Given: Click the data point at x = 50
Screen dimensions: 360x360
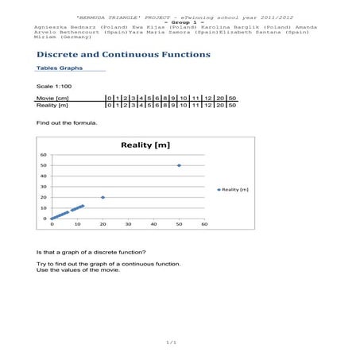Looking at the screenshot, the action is pos(179,165).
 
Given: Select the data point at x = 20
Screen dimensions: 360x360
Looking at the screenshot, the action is pos(103,197).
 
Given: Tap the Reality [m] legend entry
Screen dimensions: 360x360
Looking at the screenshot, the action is pos(235,189).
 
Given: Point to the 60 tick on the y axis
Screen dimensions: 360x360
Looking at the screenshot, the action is pos(44,155).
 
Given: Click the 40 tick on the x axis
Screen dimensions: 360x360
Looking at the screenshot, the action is pos(153,225).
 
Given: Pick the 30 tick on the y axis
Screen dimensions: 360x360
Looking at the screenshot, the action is pos(44,187).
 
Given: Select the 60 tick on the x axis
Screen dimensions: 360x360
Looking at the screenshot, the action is pos(204,225).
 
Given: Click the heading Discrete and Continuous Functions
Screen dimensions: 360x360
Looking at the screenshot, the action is pos(123,55).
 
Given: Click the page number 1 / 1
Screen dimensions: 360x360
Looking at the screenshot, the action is pos(171,343).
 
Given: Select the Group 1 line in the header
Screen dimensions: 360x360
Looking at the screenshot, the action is pos(179,21).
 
